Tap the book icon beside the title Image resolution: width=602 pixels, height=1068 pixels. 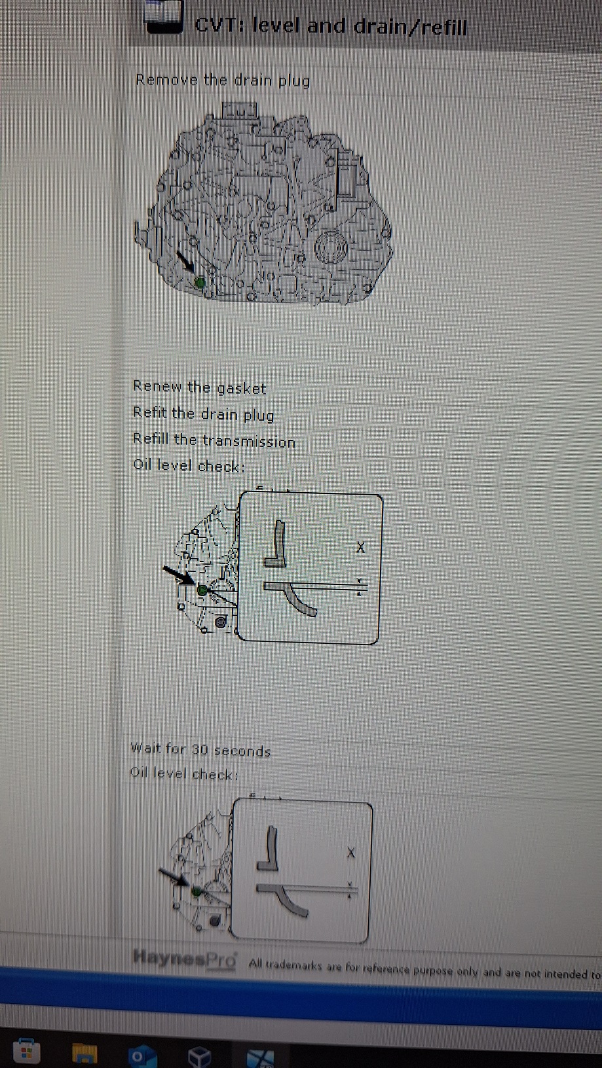pos(163,17)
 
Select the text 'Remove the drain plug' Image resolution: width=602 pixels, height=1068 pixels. pos(223,80)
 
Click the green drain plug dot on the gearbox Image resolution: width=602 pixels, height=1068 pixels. pos(200,282)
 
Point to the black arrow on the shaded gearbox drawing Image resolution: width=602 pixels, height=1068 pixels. pos(185,263)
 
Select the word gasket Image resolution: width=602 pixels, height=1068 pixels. pos(241,389)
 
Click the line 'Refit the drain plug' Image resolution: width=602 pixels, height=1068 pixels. pos(203,414)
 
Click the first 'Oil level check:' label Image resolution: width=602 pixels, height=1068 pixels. pos(189,465)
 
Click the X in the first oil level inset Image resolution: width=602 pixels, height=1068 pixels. pos(360,547)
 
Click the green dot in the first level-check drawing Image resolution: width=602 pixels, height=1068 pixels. pos(202,590)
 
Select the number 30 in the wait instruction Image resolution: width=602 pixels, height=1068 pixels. pos(200,750)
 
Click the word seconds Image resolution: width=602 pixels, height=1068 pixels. pos(242,751)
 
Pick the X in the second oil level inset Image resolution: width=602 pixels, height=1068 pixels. pos(351,853)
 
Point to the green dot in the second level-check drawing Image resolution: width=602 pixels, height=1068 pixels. pos(197,891)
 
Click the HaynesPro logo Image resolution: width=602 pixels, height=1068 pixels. pos(185,958)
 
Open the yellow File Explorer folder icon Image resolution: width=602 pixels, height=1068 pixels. pos(85,1054)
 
